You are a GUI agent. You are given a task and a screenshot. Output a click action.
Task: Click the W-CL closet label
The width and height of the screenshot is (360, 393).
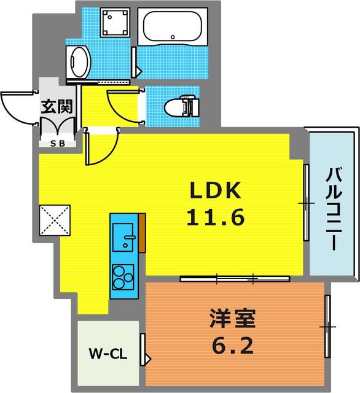108,354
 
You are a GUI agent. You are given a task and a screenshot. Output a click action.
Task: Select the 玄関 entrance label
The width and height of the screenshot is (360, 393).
57,106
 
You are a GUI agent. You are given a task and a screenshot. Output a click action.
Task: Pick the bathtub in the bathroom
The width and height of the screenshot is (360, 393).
170,27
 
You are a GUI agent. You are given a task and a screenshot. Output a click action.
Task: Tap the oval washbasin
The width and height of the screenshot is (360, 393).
79,61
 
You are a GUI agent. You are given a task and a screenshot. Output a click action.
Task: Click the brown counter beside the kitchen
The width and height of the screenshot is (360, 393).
143,233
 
